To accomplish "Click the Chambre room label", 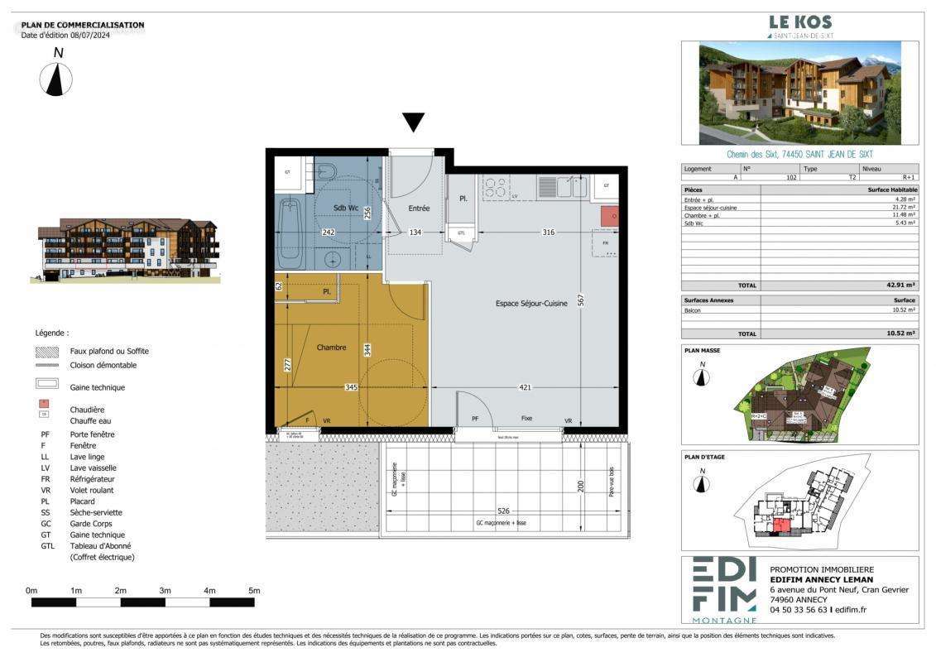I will click(331, 348).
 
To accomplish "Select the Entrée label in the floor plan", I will click(419, 209).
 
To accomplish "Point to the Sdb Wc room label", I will click(346, 207).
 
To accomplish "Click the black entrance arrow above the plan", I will click(414, 123).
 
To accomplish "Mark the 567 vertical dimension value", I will click(583, 301).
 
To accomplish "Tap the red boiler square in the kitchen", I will click(609, 217).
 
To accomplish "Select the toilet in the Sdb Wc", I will click(328, 172).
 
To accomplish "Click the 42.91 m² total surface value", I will click(900, 285).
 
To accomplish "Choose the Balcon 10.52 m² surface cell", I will click(901, 309).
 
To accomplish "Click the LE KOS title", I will click(800, 22).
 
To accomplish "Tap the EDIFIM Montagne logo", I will click(723, 589).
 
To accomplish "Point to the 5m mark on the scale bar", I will click(254, 591).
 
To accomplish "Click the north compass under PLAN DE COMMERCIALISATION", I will click(56, 79).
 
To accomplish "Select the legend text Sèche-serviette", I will click(93, 512).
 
